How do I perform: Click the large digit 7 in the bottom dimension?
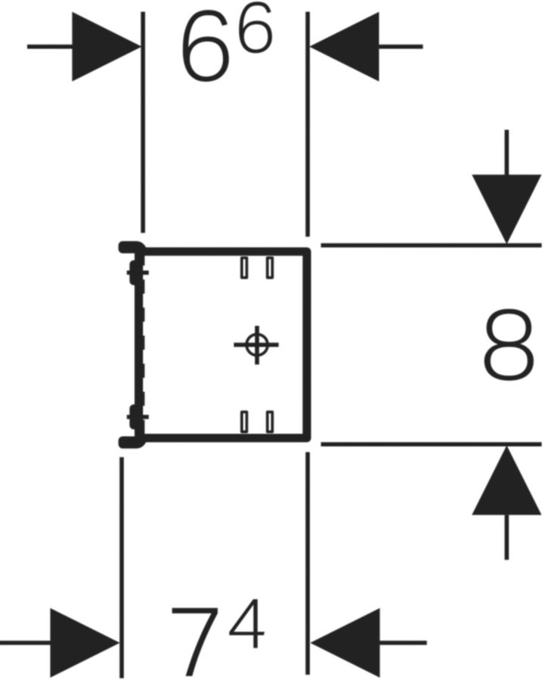click(x=195, y=641)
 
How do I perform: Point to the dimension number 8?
click(x=508, y=345)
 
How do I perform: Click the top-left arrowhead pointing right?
click(x=106, y=46)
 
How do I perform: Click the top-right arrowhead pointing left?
click(x=345, y=46)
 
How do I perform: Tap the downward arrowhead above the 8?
click(x=506, y=209)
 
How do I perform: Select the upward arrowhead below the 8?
click(x=506, y=481)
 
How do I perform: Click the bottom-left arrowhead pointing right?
click(x=85, y=643)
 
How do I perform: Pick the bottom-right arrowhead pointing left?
click(x=345, y=643)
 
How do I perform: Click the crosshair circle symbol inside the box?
click(x=256, y=345)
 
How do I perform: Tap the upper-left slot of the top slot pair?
click(x=245, y=267)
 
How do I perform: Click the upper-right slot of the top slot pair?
click(x=270, y=267)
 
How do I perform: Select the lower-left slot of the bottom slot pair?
click(x=245, y=422)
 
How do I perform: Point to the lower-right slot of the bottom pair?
click(x=270, y=422)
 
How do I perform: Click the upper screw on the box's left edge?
click(x=137, y=273)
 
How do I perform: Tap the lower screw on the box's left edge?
click(x=137, y=417)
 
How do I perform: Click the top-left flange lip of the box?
click(x=131, y=247)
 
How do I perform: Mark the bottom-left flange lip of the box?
click(x=131, y=442)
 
